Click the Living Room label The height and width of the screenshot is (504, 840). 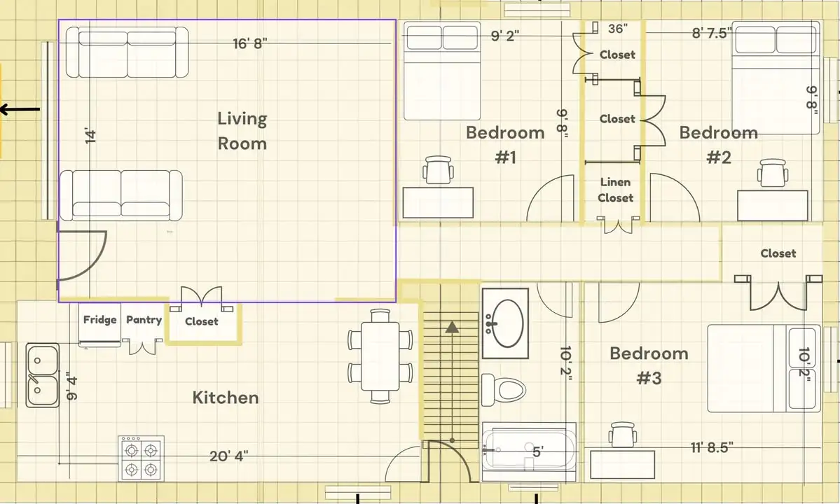coord(242,130)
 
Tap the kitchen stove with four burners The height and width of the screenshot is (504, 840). coord(142,458)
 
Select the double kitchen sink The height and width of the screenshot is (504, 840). coord(42,375)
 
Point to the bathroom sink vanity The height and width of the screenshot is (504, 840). coord(505,323)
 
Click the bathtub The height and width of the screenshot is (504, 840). coord(529,452)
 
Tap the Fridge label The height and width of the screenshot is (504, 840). coord(99,320)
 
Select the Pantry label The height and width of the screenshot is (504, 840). coord(144,320)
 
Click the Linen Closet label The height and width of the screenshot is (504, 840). coord(616,190)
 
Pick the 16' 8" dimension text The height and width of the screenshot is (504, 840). coord(249,43)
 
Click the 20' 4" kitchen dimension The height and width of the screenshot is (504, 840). coord(229,456)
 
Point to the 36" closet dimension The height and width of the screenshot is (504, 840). coord(618,29)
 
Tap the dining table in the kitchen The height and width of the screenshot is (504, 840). coord(380,356)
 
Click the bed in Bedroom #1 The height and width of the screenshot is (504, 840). coord(442,71)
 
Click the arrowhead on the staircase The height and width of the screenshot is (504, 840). coord(452,327)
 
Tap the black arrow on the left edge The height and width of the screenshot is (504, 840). coord(20,110)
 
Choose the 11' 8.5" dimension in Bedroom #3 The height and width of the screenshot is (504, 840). coord(711,447)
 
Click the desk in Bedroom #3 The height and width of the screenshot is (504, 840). coord(623,465)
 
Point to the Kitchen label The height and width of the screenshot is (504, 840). coord(226,398)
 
